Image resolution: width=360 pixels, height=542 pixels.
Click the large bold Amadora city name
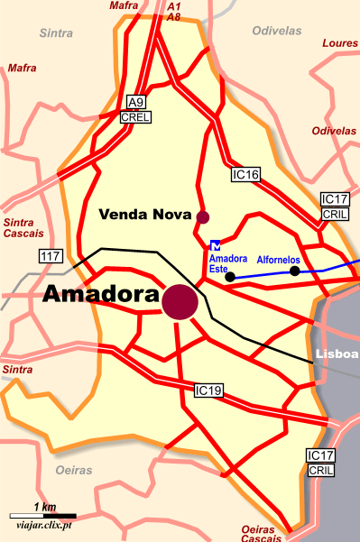click(x=100, y=295)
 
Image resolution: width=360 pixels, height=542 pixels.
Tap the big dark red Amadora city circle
click(x=180, y=301)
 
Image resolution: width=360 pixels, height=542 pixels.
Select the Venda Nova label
click(x=144, y=215)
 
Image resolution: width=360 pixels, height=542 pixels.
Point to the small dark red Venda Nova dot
click(x=203, y=216)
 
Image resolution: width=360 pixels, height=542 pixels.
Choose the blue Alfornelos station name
click(x=278, y=259)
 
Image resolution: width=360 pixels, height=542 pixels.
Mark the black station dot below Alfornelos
click(x=294, y=271)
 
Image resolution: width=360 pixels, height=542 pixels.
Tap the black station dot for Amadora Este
click(x=229, y=277)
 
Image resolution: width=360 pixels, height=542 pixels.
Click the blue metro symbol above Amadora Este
click(x=215, y=243)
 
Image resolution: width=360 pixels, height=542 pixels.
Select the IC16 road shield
click(x=245, y=174)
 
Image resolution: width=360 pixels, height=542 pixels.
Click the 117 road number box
click(x=51, y=257)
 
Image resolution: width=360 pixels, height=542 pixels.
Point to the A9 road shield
click(x=137, y=101)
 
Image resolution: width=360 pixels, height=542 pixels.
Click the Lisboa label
click(x=338, y=353)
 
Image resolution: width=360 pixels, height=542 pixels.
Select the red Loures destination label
click(x=340, y=42)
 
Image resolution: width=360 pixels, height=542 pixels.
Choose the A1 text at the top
click(x=174, y=5)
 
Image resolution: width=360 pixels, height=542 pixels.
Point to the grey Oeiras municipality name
click(x=76, y=471)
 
